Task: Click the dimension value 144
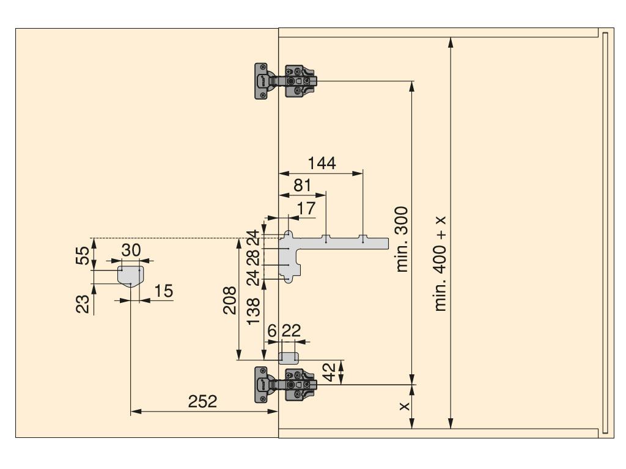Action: click(322, 163)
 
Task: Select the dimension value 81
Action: click(302, 186)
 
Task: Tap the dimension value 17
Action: click(306, 208)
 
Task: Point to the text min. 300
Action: click(402, 239)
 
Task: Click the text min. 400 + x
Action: click(440, 264)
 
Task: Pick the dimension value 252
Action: click(202, 401)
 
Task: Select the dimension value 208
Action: click(230, 300)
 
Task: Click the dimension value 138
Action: click(254, 311)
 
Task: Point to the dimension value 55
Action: click(83, 256)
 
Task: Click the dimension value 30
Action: click(131, 250)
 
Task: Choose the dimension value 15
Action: click(163, 291)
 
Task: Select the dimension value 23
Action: click(83, 304)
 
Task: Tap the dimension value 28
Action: click(254, 258)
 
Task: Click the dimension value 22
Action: click(291, 330)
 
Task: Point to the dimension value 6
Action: click(272, 330)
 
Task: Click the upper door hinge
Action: click(286, 81)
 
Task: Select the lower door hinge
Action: click(286, 385)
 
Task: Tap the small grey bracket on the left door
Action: click(130, 275)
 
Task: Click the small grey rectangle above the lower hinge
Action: click(289, 358)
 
